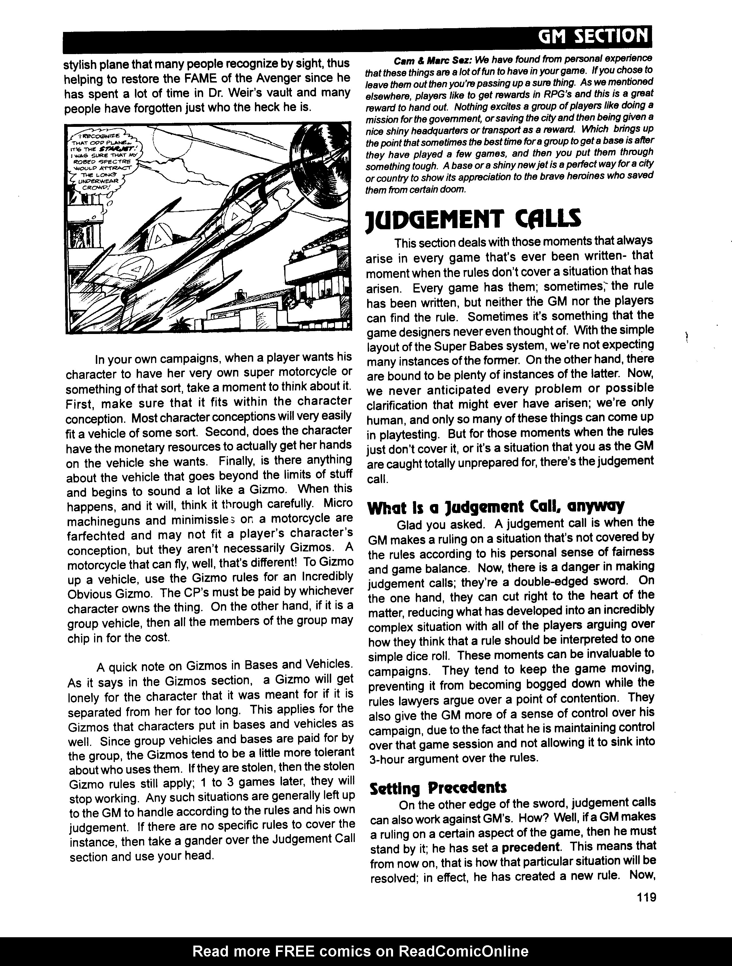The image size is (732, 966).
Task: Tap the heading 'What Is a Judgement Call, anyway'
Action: (496, 507)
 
